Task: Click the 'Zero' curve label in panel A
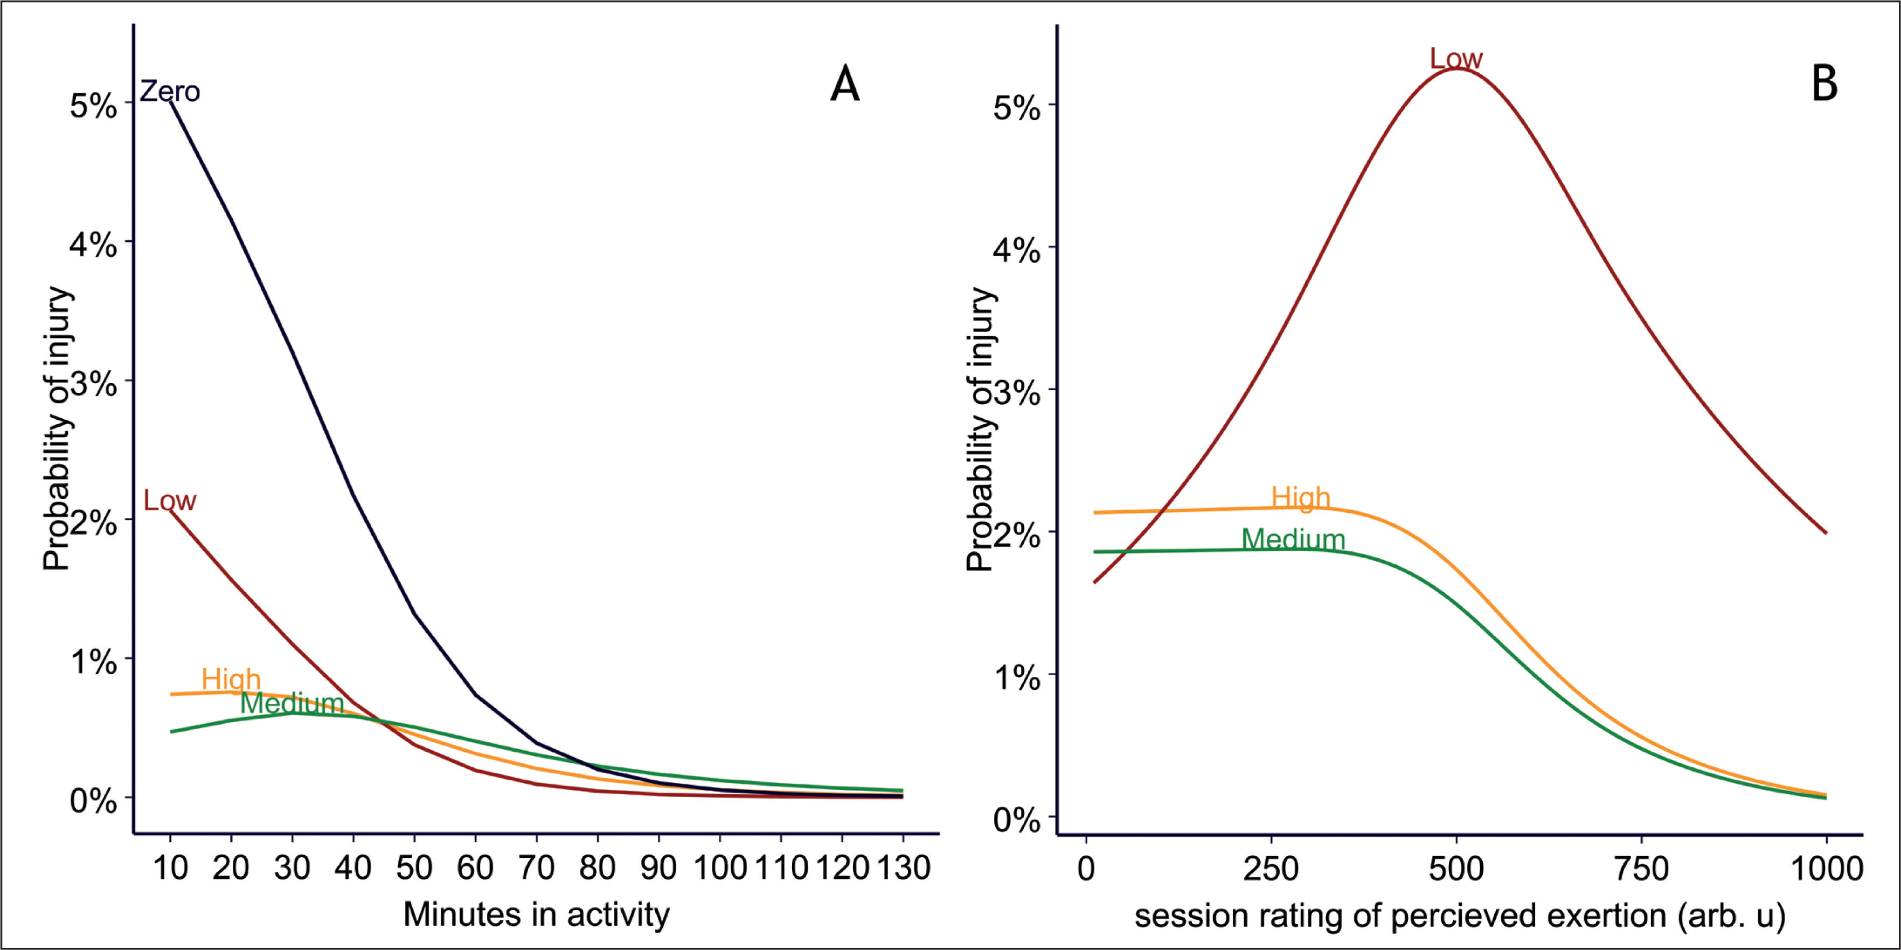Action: tap(170, 92)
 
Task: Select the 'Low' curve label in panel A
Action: tap(170, 501)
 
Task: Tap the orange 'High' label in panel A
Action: tap(231, 679)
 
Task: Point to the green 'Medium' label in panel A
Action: tap(292, 703)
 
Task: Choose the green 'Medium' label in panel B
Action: tap(1293, 539)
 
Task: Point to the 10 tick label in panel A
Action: tap(170, 868)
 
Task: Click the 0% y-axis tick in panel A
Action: tap(93, 801)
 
